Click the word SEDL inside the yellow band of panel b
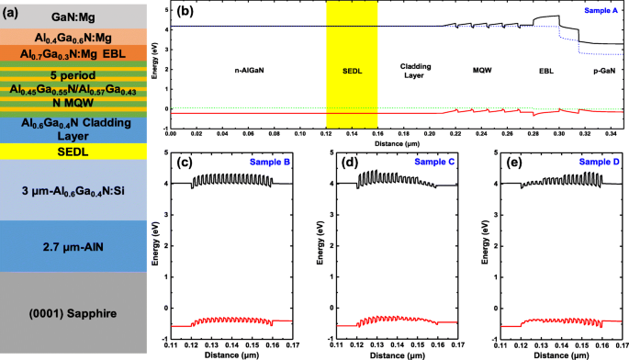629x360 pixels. point(352,70)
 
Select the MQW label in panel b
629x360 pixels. point(482,70)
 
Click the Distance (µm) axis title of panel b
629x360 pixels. point(397,142)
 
